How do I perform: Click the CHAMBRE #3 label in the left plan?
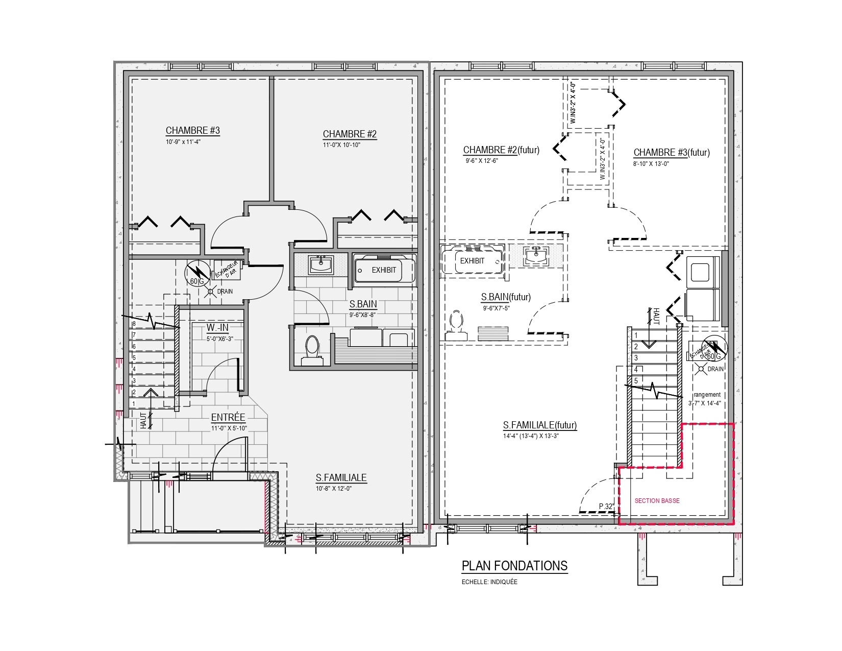pos(192,130)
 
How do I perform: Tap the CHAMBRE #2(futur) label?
pos(501,150)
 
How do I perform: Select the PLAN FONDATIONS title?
pos(514,566)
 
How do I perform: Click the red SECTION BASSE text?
pos(657,500)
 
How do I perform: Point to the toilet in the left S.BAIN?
pos(312,350)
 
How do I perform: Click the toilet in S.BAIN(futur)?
pos(456,325)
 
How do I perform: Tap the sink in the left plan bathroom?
pos(321,264)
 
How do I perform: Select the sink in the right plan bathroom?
pos(536,256)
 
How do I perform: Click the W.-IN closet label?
pos(217,328)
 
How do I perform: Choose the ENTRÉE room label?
pos(228,417)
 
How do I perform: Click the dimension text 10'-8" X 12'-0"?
pos(333,489)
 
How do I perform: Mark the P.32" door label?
pos(606,507)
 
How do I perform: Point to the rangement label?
pos(707,395)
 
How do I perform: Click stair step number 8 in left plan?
pos(134,324)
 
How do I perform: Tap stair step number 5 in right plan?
pos(636,381)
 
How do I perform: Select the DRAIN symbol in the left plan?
pos(210,292)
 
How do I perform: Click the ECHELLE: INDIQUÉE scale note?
pos(489,582)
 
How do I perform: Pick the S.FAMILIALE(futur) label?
pos(540,425)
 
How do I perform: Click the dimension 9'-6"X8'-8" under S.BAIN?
pos(362,315)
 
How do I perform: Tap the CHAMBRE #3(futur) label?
pos(672,152)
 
